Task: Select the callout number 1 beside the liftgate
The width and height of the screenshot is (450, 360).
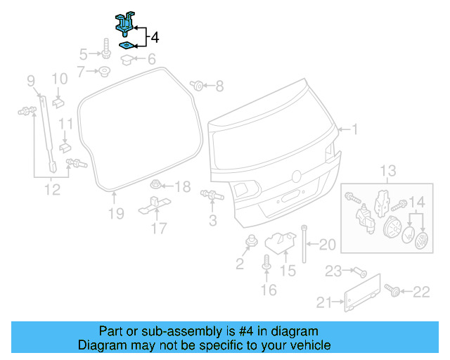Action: pos(355,129)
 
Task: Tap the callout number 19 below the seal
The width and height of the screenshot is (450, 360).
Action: pos(116,213)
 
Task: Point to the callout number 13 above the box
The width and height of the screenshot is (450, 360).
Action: pos(389,171)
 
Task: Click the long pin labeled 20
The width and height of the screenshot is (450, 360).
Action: pos(304,243)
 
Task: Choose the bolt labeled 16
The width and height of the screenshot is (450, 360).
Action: pos(266,265)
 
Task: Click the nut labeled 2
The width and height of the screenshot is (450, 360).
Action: pos(250,243)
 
